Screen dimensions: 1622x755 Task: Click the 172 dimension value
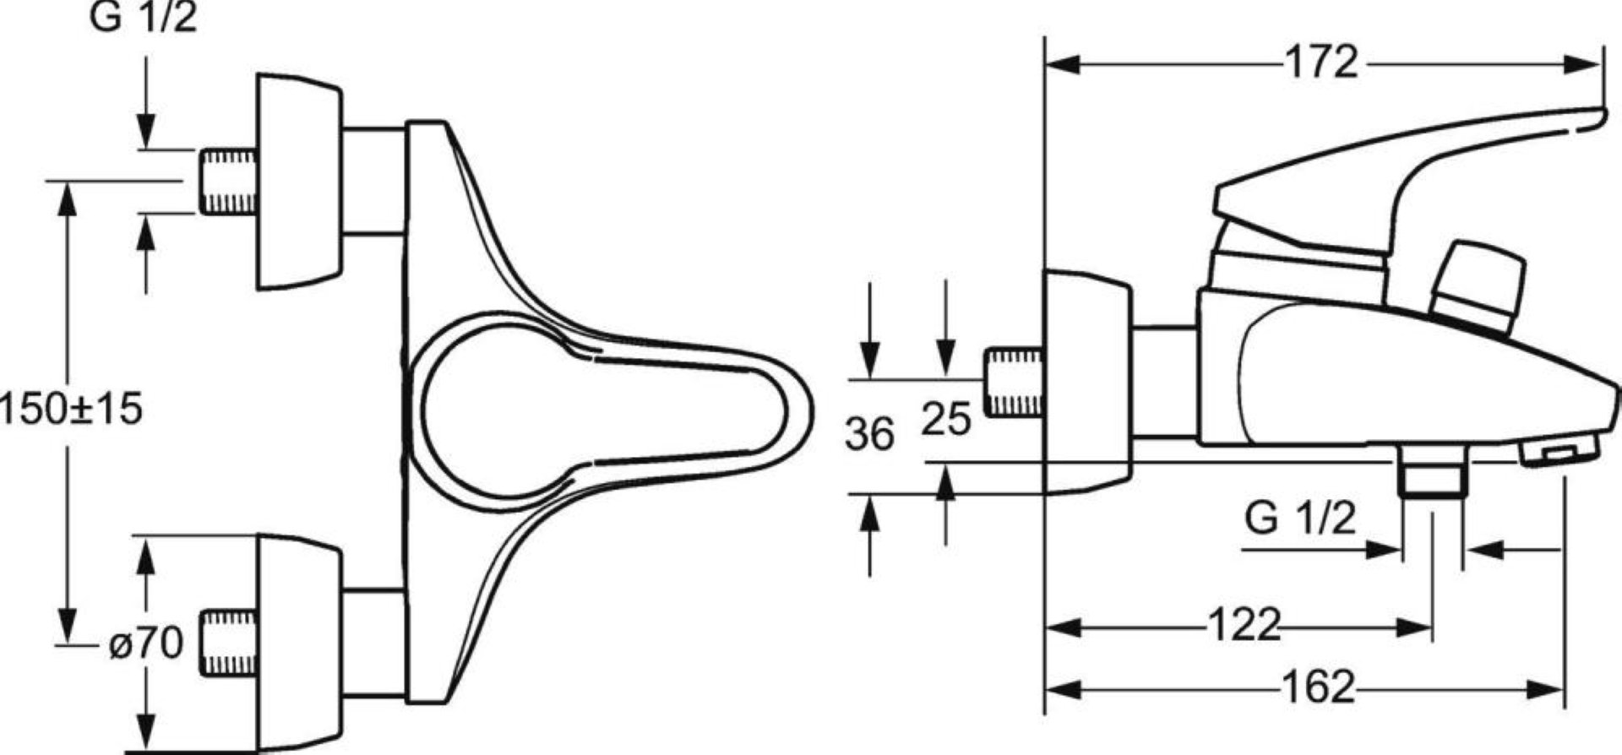pyautogui.click(x=1321, y=62)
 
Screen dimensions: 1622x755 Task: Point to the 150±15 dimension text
pyautogui.click(x=71, y=410)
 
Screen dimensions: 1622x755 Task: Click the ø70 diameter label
pyautogui.click(x=145, y=645)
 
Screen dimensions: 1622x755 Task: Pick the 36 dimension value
pyautogui.click(x=870, y=435)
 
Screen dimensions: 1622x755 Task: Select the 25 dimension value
pyautogui.click(x=946, y=419)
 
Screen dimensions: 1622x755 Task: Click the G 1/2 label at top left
pyautogui.click(x=144, y=17)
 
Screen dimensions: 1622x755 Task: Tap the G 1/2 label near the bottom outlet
pyautogui.click(x=1300, y=518)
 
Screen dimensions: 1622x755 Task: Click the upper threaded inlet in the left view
pyautogui.click(x=228, y=182)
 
